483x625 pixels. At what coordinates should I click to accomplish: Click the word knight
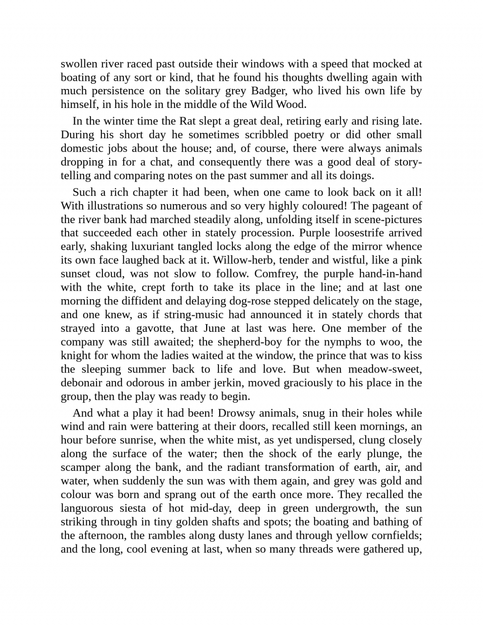(x=76, y=356)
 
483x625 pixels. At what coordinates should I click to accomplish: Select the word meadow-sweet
(x=385, y=369)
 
